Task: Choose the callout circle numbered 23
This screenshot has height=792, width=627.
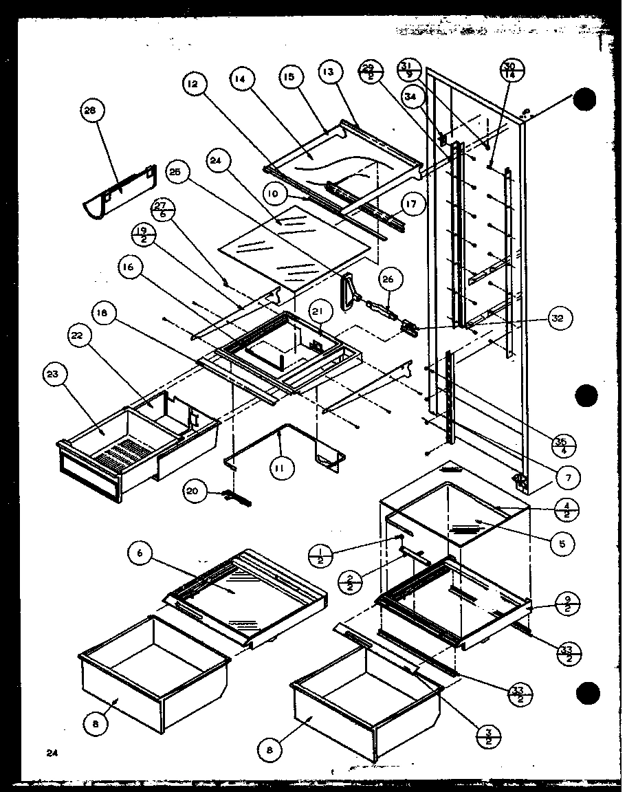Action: tap(54, 375)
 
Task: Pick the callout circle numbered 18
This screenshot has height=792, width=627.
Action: tap(102, 313)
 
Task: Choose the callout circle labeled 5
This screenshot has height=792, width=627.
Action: tap(563, 543)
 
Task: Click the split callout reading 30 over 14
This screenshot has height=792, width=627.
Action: tap(509, 71)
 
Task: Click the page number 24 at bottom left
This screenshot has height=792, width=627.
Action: tap(52, 753)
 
